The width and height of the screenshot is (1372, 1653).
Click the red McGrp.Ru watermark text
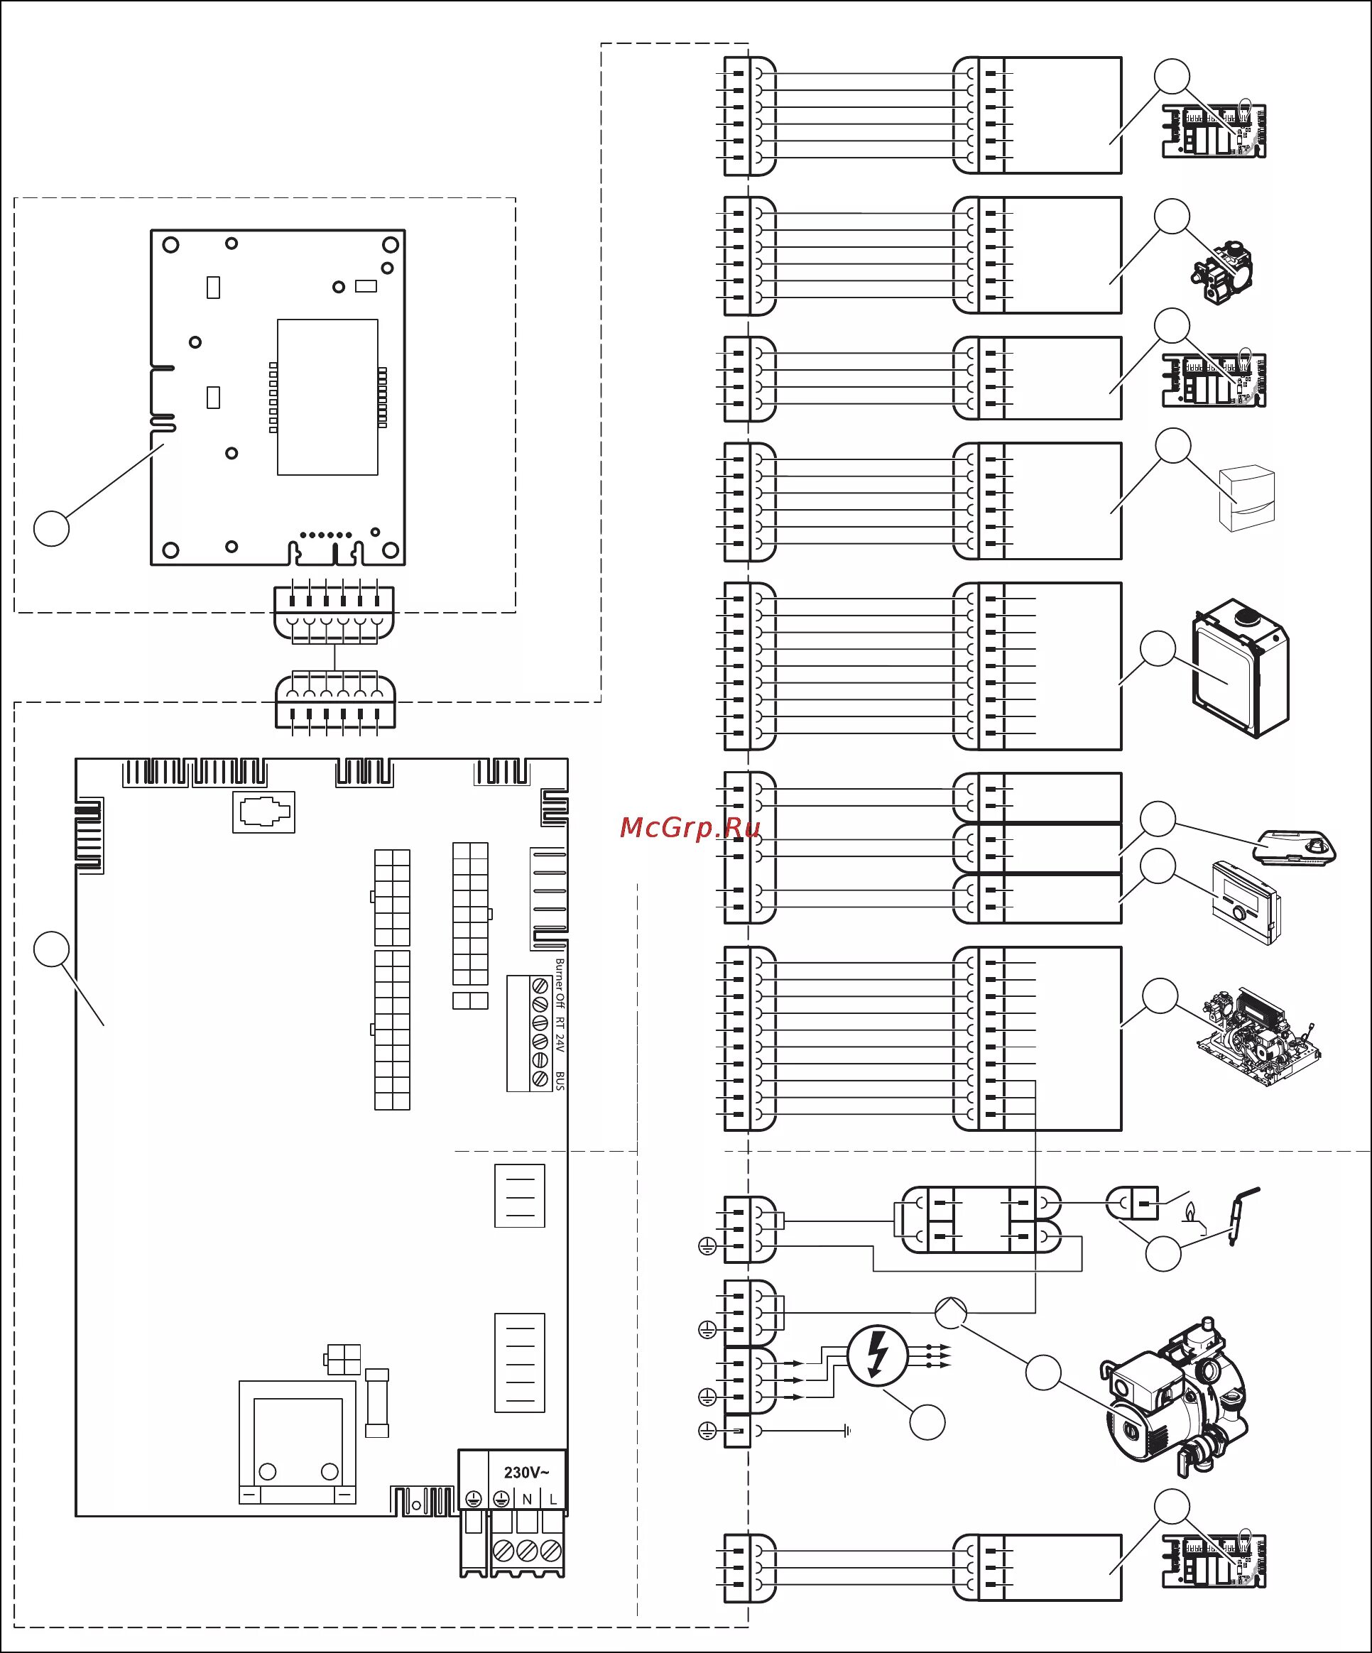click(x=690, y=827)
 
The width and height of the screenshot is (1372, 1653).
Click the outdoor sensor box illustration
click(x=1246, y=499)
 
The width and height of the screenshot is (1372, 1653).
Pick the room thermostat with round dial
click(x=1246, y=903)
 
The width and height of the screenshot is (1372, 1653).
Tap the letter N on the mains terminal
click(x=528, y=1500)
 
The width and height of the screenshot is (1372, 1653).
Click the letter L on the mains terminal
click(x=553, y=1500)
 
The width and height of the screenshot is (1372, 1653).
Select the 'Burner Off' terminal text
click(x=560, y=983)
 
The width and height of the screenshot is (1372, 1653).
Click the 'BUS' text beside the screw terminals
click(x=560, y=1080)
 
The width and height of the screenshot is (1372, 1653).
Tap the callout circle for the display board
click(x=52, y=528)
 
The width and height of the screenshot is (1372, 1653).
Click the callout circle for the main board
click(x=52, y=949)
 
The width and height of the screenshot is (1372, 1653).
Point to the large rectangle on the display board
click(x=327, y=397)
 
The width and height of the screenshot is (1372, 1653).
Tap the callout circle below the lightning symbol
click(x=927, y=1422)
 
